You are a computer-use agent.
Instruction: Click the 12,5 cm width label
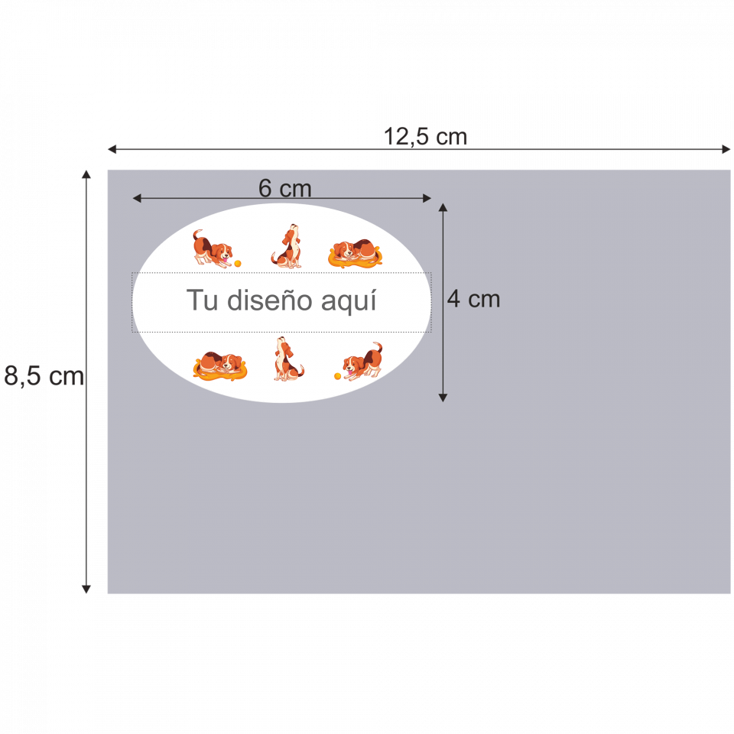pos(425,137)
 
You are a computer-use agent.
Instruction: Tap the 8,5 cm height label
pos(44,376)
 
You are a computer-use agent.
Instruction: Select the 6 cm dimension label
pos(284,188)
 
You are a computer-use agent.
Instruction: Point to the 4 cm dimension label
pos(473,299)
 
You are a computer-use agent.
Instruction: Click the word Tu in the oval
pos(203,300)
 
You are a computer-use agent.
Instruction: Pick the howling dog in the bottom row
pos(287,359)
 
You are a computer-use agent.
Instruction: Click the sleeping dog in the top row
pos(355,252)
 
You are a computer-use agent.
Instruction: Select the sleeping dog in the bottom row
pos(221,365)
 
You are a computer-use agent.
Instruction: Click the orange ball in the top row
pos(238,263)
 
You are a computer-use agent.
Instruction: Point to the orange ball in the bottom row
pos(337,376)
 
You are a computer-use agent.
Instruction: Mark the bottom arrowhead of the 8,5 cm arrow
pos(86,589)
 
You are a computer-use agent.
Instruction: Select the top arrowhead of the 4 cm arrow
pos(443,207)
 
